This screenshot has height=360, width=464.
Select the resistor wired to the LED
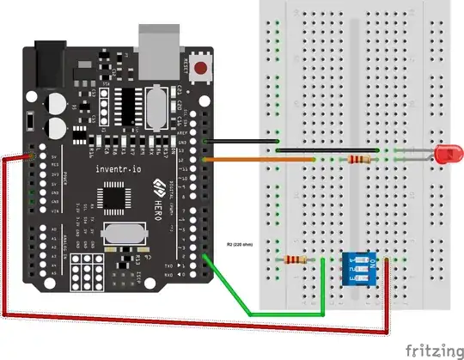click(x=357, y=159)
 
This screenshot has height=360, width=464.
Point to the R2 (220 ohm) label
click(x=244, y=244)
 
